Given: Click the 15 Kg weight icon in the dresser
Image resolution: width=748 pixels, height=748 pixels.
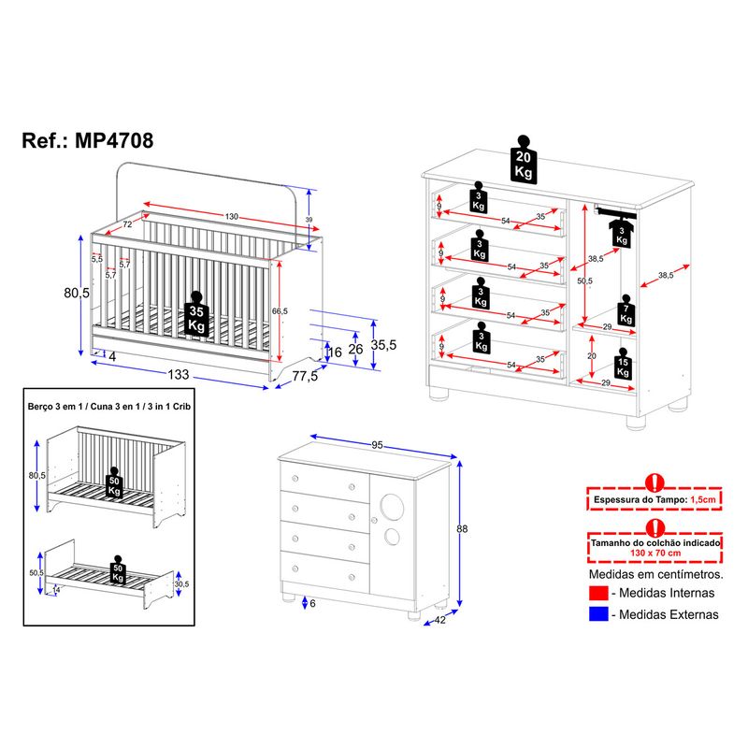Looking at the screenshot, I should tap(622, 367).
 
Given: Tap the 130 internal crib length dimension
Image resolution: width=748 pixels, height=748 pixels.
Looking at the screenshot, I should tap(231, 216).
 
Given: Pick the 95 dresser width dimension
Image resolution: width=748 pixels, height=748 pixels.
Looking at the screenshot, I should tap(378, 445).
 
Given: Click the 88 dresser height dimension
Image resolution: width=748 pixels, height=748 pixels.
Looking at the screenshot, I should tap(461, 529).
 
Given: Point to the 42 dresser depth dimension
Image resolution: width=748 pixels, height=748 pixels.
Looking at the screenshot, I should tap(440, 619).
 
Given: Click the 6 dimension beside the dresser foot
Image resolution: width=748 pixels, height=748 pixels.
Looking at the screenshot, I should tap(312, 603).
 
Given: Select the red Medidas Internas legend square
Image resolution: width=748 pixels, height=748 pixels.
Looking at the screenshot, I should tap(598, 593).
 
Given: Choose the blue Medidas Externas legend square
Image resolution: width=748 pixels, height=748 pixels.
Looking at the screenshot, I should tap(598, 614).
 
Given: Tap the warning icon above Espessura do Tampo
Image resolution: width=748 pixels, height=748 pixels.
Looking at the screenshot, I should tap(654, 482).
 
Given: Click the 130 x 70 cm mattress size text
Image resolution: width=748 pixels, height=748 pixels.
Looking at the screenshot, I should tap(654, 553).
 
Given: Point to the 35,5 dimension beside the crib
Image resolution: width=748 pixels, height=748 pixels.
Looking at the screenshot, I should tap(384, 344).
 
